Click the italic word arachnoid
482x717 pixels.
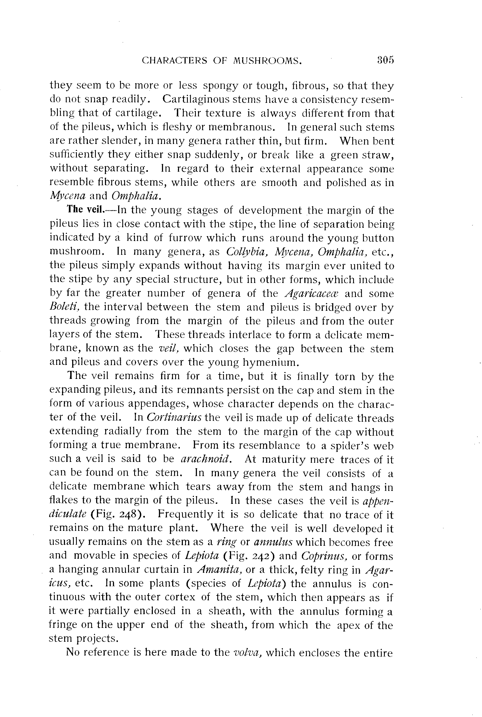click(205, 459)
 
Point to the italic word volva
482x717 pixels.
click(248, 652)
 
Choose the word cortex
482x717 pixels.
click(180, 597)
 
